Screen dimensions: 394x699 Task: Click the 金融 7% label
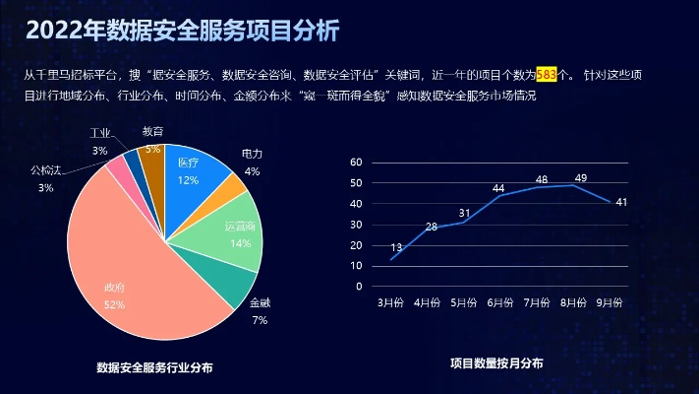click(260, 311)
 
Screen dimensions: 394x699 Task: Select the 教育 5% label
click(152, 139)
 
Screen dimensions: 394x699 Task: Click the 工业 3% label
click(99, 142)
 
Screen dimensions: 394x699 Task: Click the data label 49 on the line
click(581, 177)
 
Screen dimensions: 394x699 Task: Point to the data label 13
click(396, 247)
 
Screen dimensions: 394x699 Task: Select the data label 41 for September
click(621, 202)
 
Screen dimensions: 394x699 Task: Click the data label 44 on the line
click(498, 188)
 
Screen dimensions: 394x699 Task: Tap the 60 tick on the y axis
click(356, 162)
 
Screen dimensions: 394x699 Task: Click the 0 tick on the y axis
click(359, 287)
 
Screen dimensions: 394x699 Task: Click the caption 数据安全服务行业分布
click(154, 367)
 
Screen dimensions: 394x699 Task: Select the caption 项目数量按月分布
click(496, 363)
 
